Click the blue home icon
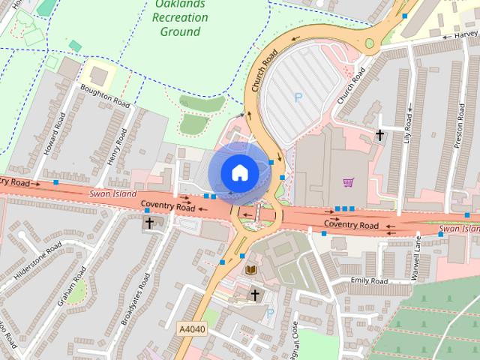[238, 172]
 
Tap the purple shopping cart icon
[348, 182]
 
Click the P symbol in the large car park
[298, 97]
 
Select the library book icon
[250, 268]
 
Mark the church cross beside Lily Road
[380, 135]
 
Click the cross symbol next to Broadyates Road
[148, 223]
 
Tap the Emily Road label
[369, 281]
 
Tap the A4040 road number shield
[191, 328]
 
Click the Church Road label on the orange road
[265, 70]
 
